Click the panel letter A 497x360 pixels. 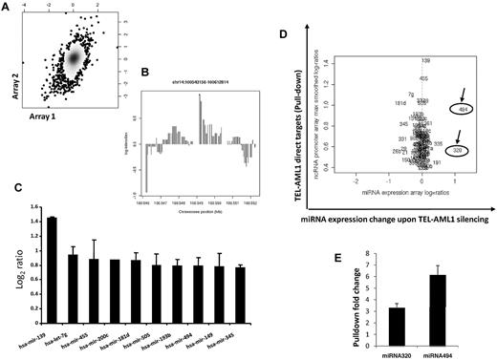tap(9, 9)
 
